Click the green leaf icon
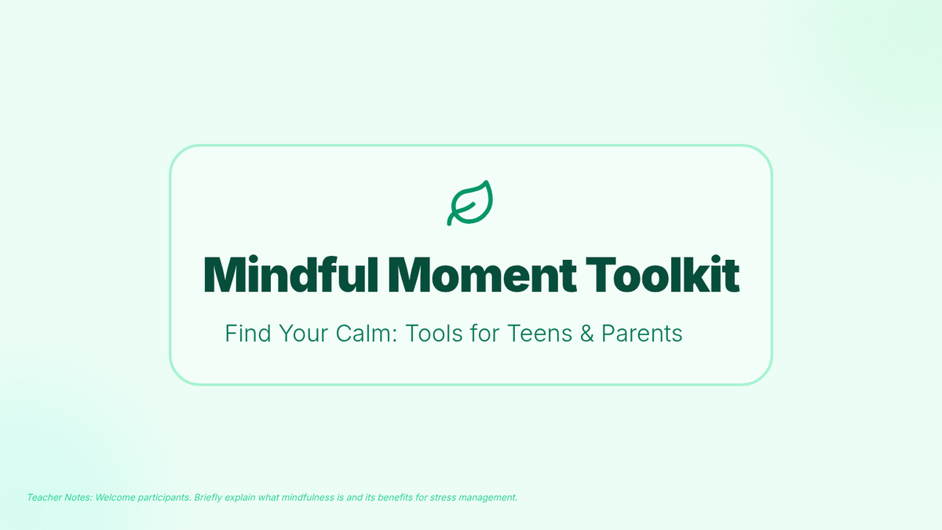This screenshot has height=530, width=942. [x=469, y=203]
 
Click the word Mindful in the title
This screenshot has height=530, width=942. [x=291, y=275]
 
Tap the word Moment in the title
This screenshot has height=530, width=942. [x=482, y=275]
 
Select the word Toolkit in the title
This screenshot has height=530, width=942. [x=663, y=275]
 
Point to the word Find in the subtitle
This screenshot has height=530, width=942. [x=248, y=334]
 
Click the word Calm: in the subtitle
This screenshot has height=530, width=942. [x=367, y=334]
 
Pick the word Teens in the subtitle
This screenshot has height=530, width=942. [x=540, y=334]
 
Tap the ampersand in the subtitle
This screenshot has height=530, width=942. [x=587, y=334]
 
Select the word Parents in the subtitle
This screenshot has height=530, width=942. [x=642, y=334]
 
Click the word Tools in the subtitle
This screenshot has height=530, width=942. [x=434, y=334]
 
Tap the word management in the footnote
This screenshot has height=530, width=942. [x=487, y=498]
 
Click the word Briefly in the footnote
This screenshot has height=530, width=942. [x=208, y=498]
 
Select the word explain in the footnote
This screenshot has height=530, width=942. [x=239, y=498]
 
